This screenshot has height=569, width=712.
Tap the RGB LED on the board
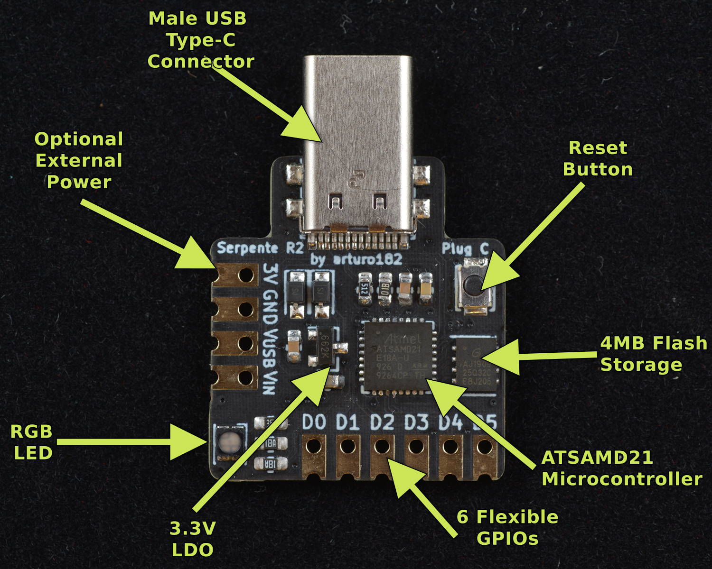(230, 443)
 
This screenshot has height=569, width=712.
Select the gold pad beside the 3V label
(236, 275)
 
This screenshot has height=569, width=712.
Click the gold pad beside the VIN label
(236, 377)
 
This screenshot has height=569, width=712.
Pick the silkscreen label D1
(348, 422)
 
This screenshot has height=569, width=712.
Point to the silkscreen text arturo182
(367, 259)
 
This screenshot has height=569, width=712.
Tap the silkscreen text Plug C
(465, 249)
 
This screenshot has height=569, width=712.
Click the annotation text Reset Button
(598, 158)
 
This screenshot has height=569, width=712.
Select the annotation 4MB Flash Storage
(653, 354)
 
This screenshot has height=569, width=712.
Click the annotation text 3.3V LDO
(193, 539)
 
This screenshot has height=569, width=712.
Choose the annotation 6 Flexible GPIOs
(507, 527)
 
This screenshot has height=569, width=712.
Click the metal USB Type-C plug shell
(358, 138)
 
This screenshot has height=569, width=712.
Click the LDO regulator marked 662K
(325, 348)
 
